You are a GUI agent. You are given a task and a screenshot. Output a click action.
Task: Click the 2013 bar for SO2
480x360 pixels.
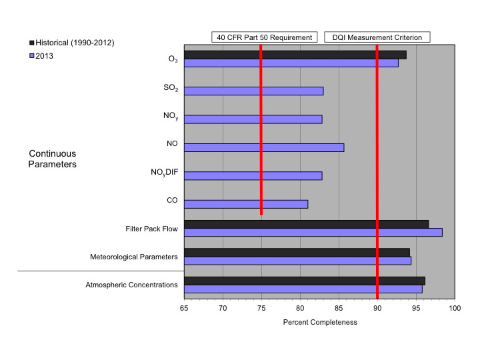253,91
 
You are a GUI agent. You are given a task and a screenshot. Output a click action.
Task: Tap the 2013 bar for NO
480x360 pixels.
264,147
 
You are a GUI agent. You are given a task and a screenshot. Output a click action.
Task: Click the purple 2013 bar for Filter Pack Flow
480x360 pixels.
313,233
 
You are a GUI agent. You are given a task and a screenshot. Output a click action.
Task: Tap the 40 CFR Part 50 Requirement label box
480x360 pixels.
263,37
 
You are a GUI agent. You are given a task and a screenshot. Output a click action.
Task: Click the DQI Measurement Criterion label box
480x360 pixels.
377,37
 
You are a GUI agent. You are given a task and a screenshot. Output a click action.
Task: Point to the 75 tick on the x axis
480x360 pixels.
261,309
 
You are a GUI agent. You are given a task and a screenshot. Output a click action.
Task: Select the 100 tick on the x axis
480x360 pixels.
455,309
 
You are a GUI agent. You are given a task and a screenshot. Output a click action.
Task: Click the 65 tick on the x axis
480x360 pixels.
184,309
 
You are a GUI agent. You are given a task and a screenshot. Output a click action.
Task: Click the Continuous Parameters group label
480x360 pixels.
52,159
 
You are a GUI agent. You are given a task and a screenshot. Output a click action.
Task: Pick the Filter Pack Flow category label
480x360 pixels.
151,229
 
